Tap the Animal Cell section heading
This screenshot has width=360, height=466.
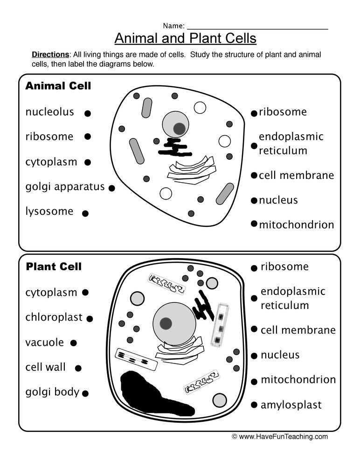point(58,86)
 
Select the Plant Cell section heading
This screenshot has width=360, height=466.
point(54,267)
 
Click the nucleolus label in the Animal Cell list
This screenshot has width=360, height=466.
point(49,112)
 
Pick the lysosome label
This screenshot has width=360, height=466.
point(49,212)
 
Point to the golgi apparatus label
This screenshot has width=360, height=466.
point(65,187)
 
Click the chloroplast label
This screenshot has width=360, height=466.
point(54,317)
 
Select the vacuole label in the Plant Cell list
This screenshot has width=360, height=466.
point(44,343)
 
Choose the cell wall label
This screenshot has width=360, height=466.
point(45,367)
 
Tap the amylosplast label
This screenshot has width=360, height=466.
point(291,405)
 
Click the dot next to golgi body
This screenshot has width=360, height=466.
point(85,394)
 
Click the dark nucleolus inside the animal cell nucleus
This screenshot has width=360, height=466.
point(179,128)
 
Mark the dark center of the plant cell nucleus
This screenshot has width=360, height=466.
point(166,322)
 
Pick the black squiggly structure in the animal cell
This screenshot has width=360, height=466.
point(174,147)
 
